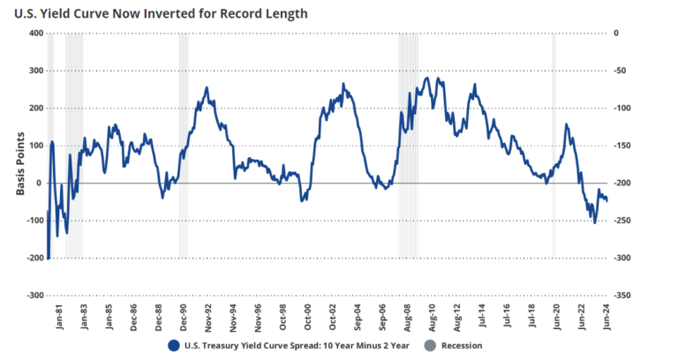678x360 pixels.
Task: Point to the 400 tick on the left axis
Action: click(x=35, y=34)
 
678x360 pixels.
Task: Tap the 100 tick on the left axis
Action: click(x=35, y=146)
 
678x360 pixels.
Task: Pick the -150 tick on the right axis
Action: click(x=623, y=146)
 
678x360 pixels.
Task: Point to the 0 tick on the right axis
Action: click(x=617, y=34)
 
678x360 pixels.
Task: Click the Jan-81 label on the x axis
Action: click(x=59, y=315)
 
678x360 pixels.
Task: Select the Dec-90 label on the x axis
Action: click(x=184, y=315)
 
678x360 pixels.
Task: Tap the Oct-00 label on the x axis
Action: click(x=308, y=315)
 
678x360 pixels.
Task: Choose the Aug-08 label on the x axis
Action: click(x=408, y=315)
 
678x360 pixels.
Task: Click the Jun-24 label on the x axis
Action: click(x=606, y=315)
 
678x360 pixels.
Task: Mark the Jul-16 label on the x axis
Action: click(x=508, y=315)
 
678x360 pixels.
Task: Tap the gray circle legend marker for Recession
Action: click(x=430, y=345)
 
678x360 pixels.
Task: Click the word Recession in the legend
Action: click(x=462, y=345)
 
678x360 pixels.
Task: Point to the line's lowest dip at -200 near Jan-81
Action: click(x=49, y=257)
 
